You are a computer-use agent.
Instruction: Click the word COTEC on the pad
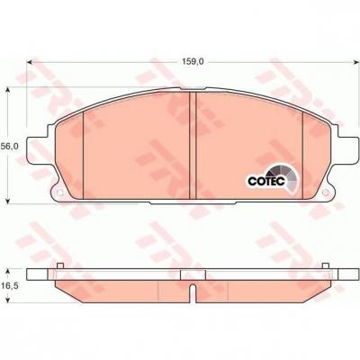[265, 180]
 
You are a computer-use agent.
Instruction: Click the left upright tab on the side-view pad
[58, 266]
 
